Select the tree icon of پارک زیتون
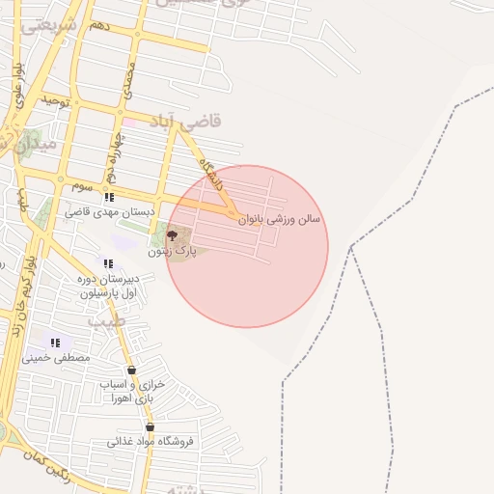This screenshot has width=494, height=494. click(x=172, y=234)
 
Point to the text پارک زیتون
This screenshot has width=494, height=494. click(x=171, y=251)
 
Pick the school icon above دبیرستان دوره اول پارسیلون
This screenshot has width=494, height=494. click(x=108, y=263)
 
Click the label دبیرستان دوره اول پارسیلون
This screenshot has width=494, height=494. click(x=108, y=285)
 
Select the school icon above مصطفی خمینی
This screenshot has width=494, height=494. click(x=55, y=343)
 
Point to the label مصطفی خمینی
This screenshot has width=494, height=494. click(x=62, y=357)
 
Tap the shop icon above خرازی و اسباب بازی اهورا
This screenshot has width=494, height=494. click(x=131, y=370)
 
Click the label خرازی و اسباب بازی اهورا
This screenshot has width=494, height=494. click(x=133, y=391)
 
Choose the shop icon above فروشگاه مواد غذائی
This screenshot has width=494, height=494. click(x=150, y=426)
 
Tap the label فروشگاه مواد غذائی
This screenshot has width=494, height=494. click(x=150, y=442)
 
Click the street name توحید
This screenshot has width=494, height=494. click(x=54, y=100)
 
